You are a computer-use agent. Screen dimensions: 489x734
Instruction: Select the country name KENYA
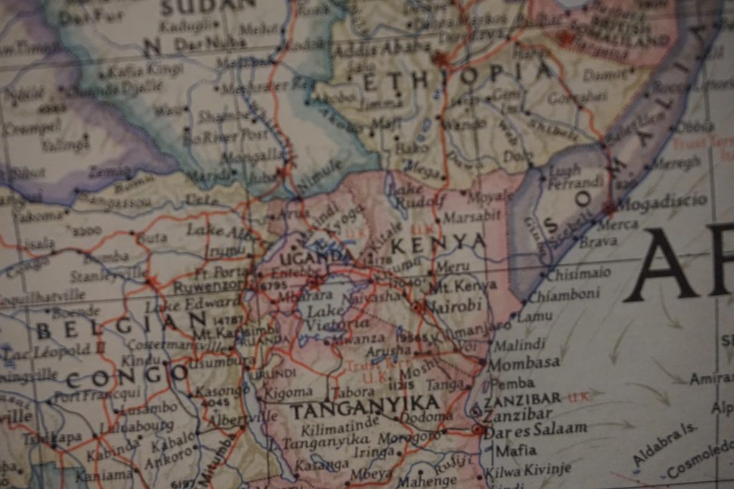pos(438,243)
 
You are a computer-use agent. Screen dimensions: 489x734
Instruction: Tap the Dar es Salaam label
pos(535,430)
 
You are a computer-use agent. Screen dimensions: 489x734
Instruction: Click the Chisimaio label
pos(578,273)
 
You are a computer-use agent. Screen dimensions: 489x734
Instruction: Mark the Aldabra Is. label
pos(664,444)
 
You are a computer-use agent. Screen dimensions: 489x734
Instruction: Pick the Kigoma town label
pos(288,392)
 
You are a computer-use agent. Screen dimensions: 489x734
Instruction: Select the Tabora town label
pos(353,392)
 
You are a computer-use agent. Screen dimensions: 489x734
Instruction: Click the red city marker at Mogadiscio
pos(609,208)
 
